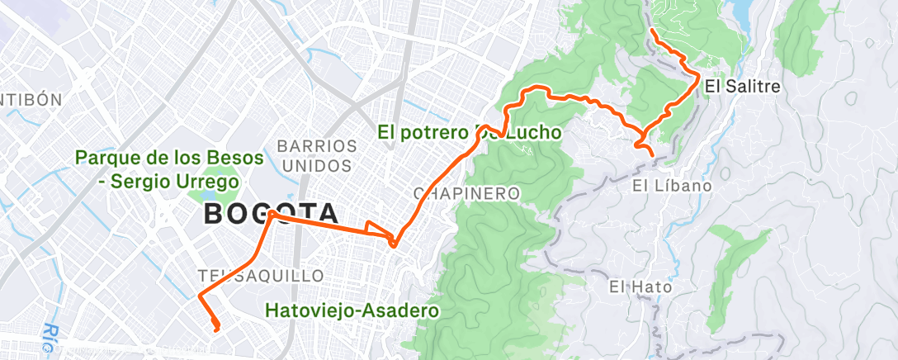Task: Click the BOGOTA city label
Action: tap(270, 213)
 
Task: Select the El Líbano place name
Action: tap(672, 186)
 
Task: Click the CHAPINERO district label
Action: tap(466, 194)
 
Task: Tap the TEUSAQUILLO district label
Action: tap(261, 274)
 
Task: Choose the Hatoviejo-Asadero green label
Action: tap(352, 311)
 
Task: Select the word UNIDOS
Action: tap(317, 165)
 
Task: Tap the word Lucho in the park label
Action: tap(531, 132)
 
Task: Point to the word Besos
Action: tap(234, 157)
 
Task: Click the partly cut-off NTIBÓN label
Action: tap(31, 100)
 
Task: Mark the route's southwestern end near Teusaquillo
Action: tap(216, 330)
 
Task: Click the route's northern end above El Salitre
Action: tap(652, 31)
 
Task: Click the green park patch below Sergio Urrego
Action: tap(200, 197)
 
